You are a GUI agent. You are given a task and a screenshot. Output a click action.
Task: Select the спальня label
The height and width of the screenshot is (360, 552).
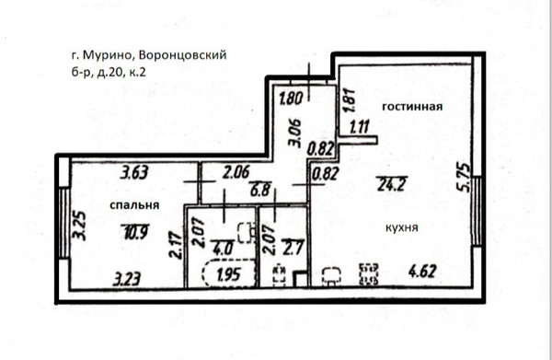(x=129, y=204)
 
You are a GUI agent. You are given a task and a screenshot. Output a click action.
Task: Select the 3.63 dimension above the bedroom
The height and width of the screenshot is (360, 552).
(x=134, y=170)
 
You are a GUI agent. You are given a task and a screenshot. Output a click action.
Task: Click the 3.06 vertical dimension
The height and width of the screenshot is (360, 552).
(x=294, y=134)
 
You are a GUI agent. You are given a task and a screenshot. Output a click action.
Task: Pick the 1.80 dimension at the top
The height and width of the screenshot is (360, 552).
(x=291, y=94)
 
